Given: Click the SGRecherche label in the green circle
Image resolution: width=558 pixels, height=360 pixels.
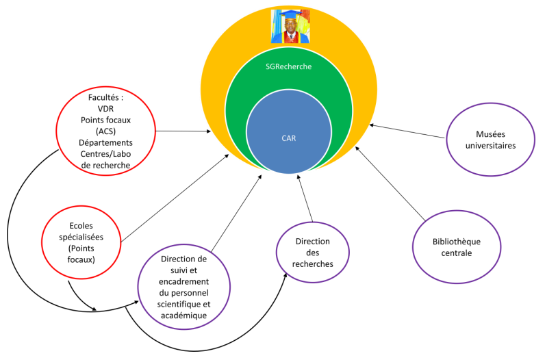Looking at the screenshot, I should pos(288,66).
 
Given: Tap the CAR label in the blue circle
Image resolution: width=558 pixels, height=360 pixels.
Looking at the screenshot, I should pos(289,138).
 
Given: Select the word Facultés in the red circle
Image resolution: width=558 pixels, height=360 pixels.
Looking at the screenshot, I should pos(105,98).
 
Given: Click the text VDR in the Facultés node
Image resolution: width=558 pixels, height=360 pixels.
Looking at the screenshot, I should pos(105,109).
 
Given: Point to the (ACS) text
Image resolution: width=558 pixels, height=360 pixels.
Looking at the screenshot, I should pos(105,131).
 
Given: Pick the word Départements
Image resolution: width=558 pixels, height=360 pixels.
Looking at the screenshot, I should pos(105,142).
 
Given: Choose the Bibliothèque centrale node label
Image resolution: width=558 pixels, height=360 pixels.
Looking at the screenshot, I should pos(457,247).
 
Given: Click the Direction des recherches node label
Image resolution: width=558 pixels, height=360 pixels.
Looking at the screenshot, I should pos(312,253).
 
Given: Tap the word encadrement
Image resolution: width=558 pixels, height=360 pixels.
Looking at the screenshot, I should pos(183,281).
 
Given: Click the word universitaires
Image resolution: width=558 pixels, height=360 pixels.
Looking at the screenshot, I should pos(490,145).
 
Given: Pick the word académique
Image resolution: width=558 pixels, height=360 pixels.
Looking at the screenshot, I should pos(182,314).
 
